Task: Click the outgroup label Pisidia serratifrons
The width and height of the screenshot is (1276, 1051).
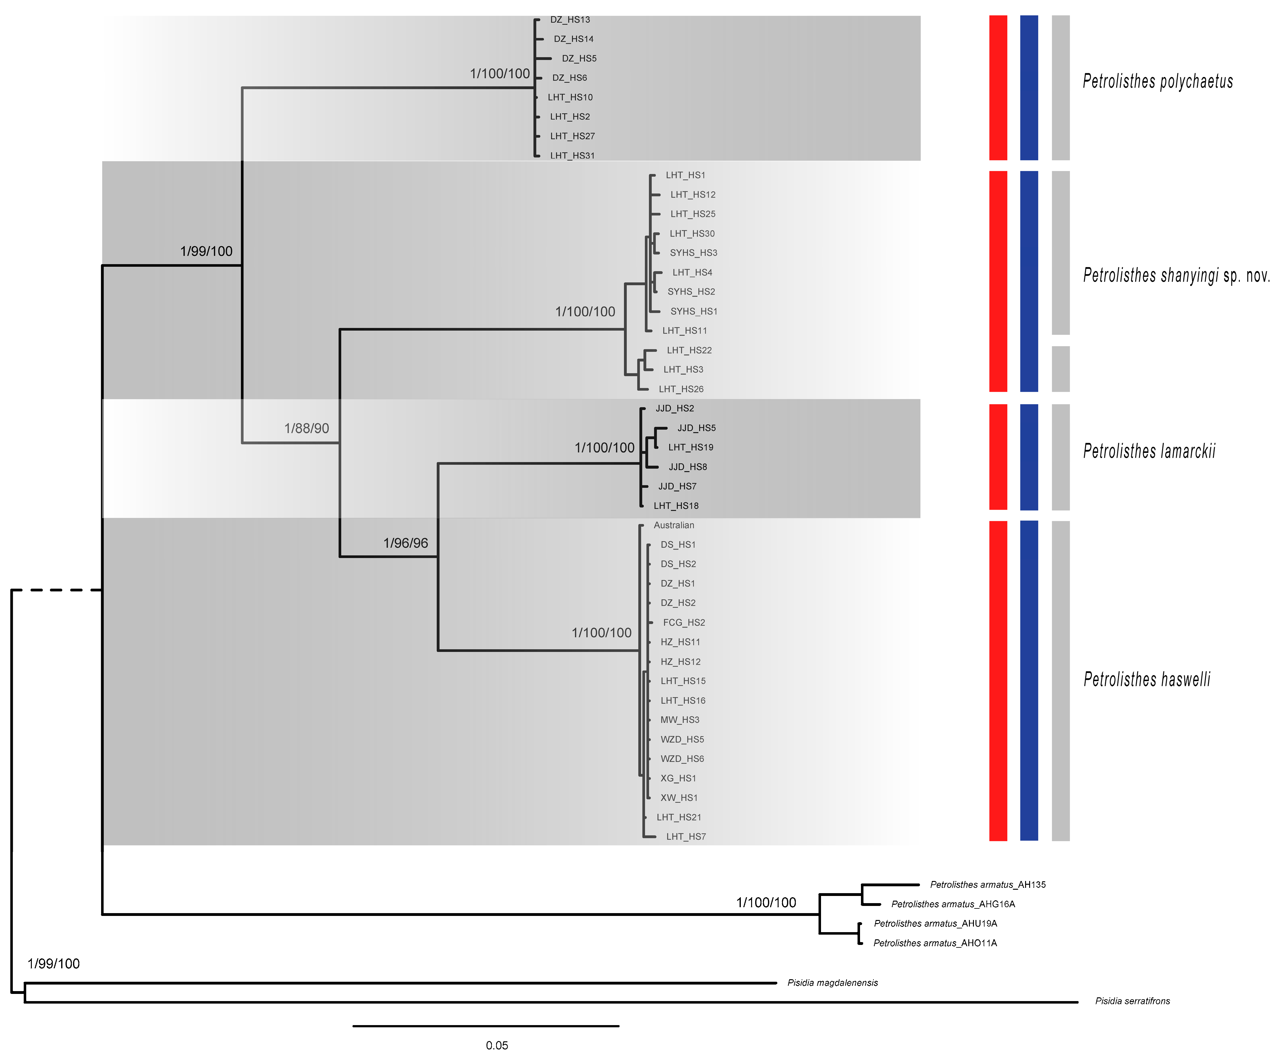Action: (x=1132, y=1001)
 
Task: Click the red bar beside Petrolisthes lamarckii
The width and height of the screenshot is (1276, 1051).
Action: (x=997, y=457)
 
